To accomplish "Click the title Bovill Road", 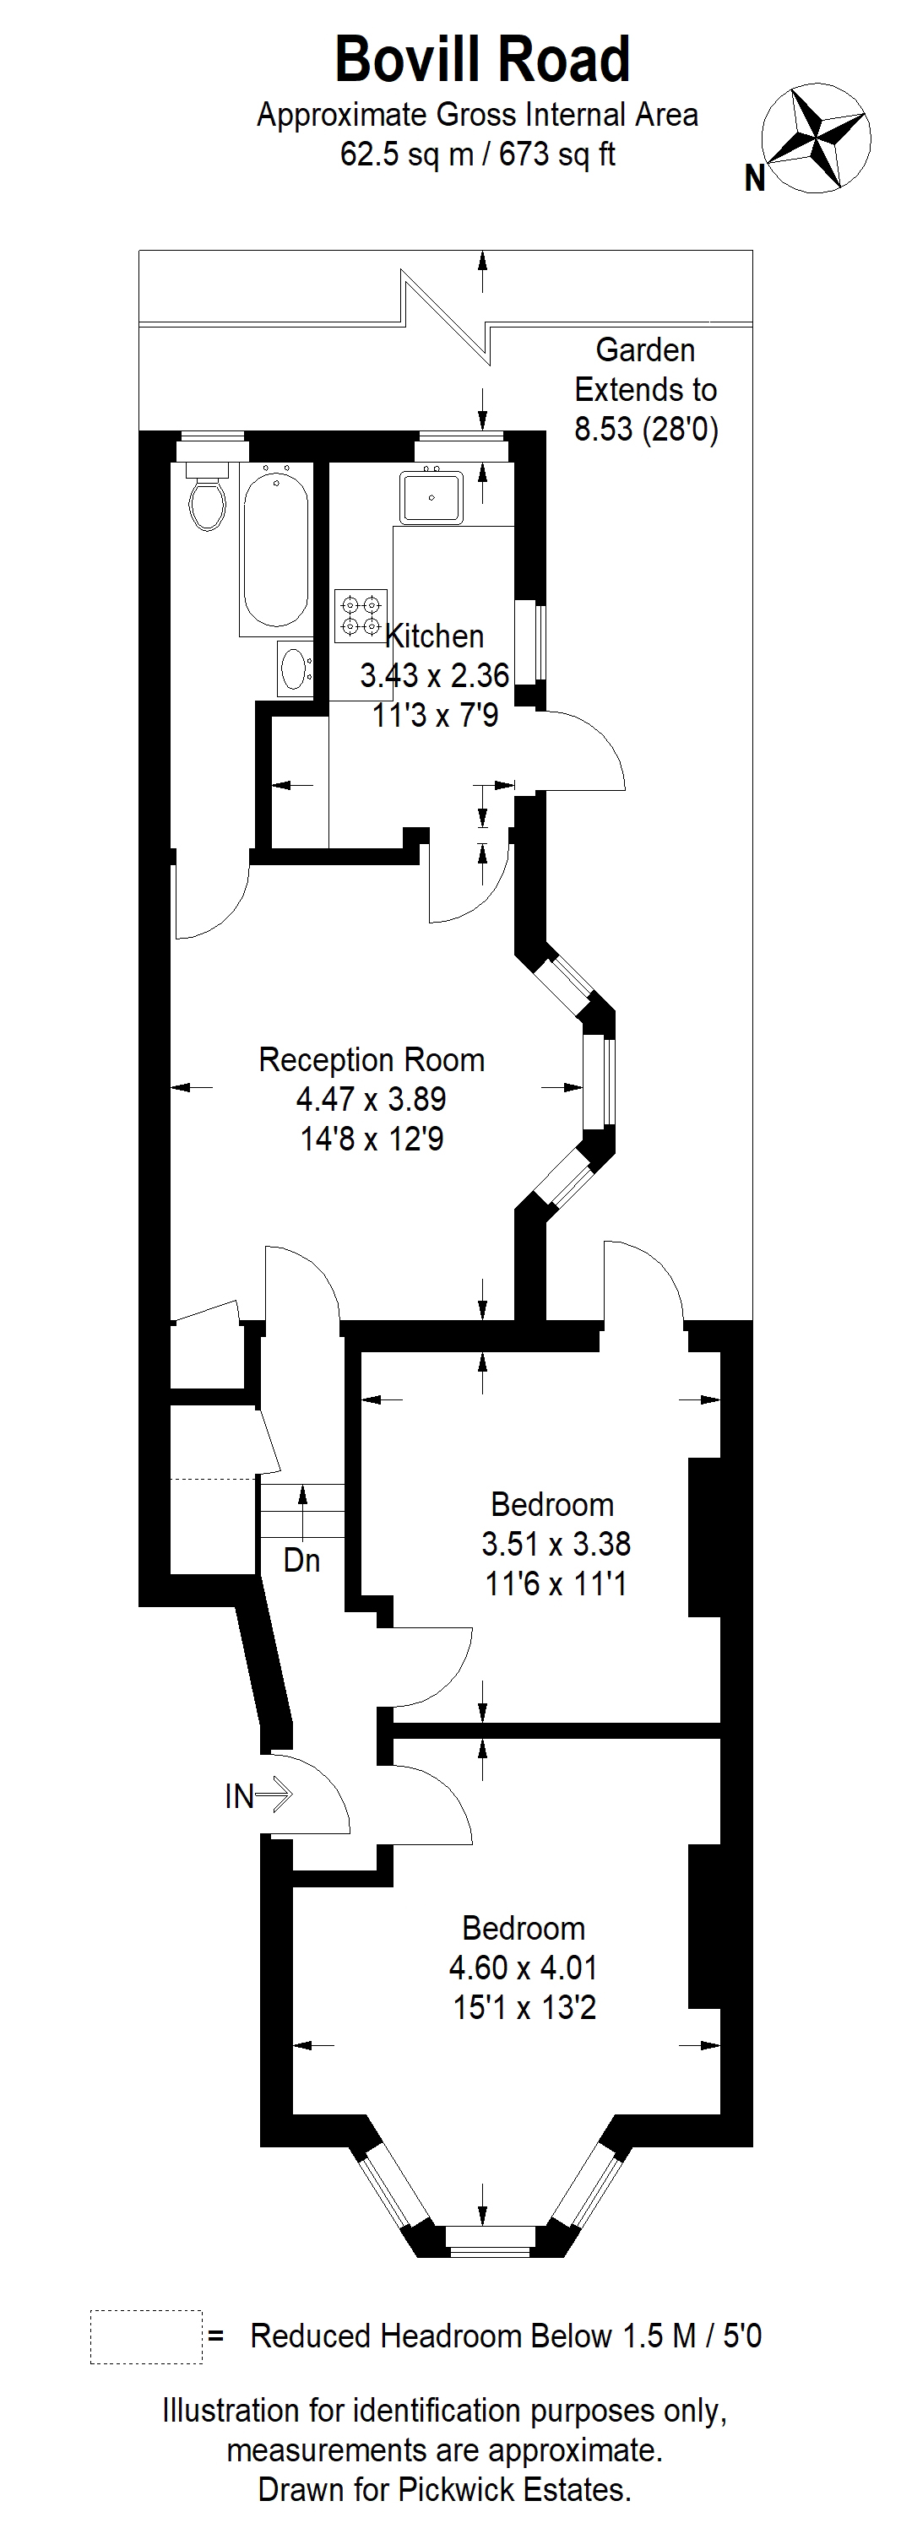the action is tap(482, 59).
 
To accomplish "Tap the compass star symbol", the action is tap(817, 138).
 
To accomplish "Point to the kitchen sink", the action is tap(432, 496).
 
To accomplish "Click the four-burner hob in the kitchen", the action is tap(361, 615).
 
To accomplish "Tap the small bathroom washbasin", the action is tap(295, 669).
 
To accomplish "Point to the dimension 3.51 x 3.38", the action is tap(556, 1544).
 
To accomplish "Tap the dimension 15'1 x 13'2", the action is tap(524, 2007).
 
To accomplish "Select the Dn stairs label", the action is tap(302, 1562).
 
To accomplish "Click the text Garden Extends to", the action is tap(646, 370).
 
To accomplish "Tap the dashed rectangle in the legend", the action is tap(146, 2336).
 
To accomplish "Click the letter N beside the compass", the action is tap(755, 179).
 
